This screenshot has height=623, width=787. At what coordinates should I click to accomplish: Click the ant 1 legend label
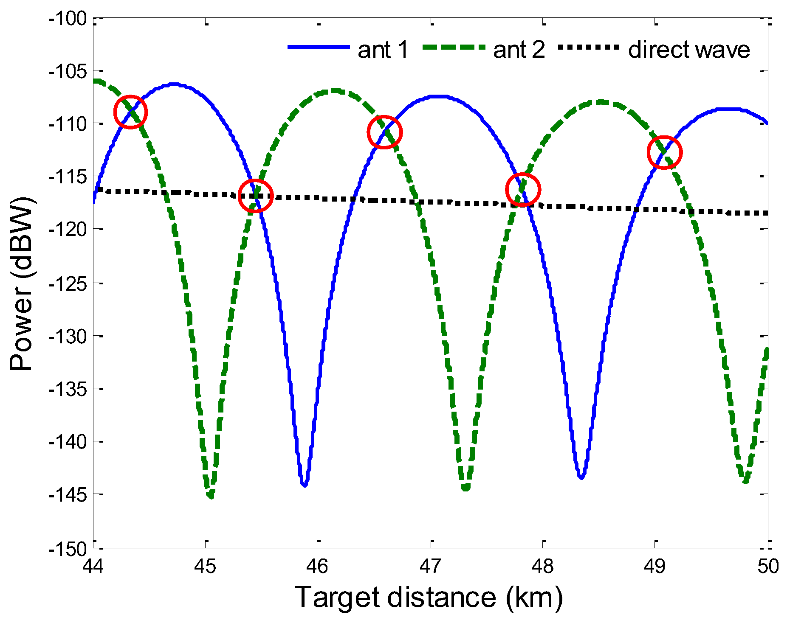coord(383,50)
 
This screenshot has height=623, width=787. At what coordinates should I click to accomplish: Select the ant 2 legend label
coord(519,50)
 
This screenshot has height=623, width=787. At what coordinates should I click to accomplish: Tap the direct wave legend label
coord(689,50)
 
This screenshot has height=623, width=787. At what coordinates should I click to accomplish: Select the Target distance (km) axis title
coord(429,597)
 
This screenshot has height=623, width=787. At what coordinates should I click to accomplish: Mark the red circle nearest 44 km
coord(130,112)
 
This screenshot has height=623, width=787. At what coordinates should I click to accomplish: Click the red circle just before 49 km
coord(664,152)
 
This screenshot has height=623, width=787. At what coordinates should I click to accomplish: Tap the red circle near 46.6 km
coord(384,132)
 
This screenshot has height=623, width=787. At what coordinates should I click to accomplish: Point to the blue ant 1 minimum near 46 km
coord(304,484)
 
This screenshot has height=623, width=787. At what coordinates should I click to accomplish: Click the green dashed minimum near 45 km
coord(210,496)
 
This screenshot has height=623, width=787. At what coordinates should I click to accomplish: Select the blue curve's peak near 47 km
coord(442,97)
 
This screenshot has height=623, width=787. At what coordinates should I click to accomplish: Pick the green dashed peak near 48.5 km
coord(601,102)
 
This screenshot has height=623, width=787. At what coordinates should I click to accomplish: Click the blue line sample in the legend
coord(319,47)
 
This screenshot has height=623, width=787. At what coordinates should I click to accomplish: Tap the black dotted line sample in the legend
coord(588,47)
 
